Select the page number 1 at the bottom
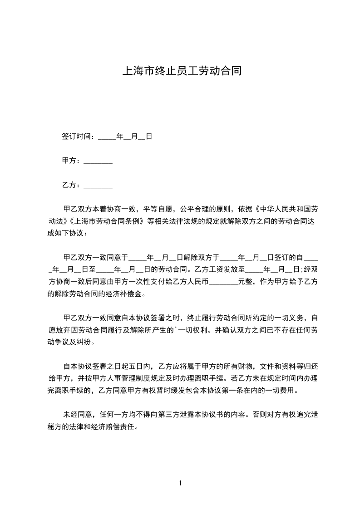pos(180,484)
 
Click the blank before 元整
pos(223,282)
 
